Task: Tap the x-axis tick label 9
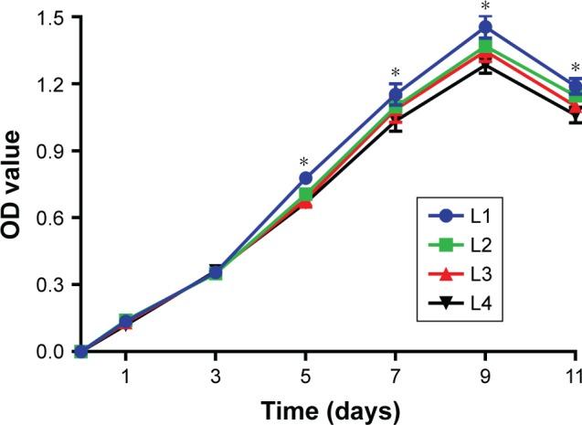point(485,377)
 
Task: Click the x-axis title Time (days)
point(327,410)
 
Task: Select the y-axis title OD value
point(13,183)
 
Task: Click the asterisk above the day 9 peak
point(485,7)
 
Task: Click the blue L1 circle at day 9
point(485,28)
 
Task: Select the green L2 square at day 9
point(485,47)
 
